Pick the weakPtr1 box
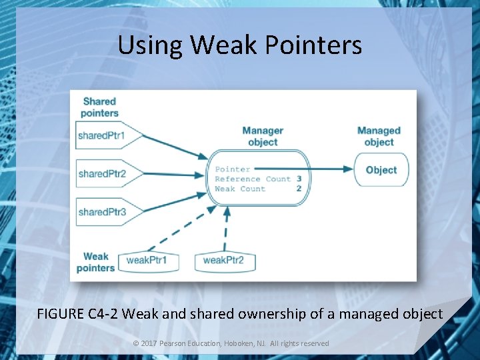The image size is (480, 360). (x=148, y=260)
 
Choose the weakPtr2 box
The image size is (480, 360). (x=224, y=260)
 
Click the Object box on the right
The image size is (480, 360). (x=381, y=170)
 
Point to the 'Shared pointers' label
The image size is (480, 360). (x=99, y=107)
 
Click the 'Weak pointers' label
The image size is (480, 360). (x=96, y=261)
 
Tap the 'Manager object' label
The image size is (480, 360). (x=263, y=136)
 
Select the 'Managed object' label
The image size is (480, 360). (x=379, y=136)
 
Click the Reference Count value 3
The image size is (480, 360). (x=299, y=179)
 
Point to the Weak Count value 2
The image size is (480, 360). (x=299, y=189)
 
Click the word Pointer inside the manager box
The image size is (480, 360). (x=233, y=169)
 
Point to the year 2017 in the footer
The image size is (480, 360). (x=149, y=343)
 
